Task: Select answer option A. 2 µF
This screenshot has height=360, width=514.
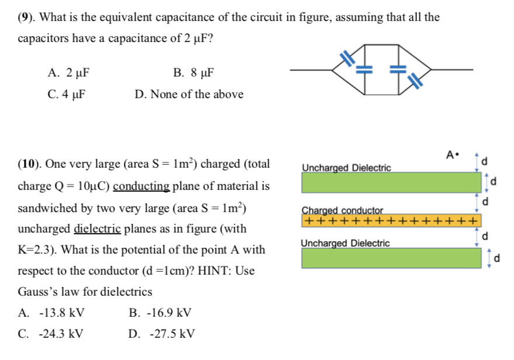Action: click(x=69, y=73)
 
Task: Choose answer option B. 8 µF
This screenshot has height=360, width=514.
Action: click(x=194, y=73)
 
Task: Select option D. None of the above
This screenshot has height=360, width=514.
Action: click(x=189, y=94)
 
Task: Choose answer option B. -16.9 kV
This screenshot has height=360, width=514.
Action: click(x=159, y=313)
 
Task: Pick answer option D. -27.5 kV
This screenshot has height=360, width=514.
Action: click(x=161, y=334)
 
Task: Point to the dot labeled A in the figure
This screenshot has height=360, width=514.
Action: click(x=459, y=155)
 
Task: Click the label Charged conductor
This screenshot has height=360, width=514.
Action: click(x=342, y=210)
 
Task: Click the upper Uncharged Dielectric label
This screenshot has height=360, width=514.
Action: click(x=346, y=168)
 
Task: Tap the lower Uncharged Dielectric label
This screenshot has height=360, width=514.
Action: click(x=345, y=243)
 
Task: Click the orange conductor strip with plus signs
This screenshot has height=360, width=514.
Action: click(x=390, y=221)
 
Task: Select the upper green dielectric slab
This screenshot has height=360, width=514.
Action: click(x=390, y=183)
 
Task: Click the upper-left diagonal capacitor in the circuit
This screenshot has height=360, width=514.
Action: click(x=348, y=57)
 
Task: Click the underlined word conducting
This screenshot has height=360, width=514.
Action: click(x=141, y=186)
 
